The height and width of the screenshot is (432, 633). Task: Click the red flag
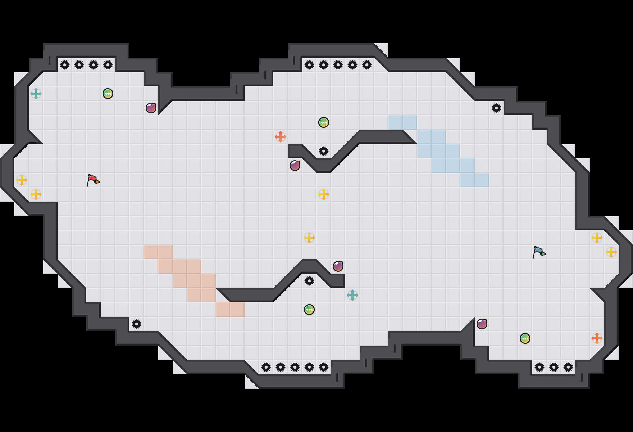[x=93, y=180]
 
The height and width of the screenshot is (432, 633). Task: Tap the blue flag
[x=539, y=252]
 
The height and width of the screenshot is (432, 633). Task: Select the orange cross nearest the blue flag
[x=597, y=338]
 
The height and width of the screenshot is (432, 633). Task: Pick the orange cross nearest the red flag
[x=281, y=137]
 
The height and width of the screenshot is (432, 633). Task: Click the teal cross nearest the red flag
[x=36, y=94]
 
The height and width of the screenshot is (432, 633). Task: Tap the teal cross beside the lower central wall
[x=352, y=295]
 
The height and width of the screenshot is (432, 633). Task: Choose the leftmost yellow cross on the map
[x=22, y=180]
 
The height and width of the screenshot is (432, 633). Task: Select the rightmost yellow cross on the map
[x=611, y=252]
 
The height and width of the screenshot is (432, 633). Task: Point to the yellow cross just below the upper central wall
[x=324, y=194]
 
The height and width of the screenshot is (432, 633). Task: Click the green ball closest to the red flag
[x=108, y=94]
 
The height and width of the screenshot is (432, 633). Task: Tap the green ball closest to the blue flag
[x=525, y=338]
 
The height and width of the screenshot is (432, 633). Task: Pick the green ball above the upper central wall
[x=324, y=122]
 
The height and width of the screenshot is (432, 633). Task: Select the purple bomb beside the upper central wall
[x=295, y=166]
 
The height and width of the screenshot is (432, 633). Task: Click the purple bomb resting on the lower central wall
[x=338, y=266]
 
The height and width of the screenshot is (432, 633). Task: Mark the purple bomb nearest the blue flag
[x=482, y=324]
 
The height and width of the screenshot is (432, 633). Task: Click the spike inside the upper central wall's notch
[x=324, y=151]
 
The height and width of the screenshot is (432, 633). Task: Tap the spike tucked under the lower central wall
[x=309, y=281]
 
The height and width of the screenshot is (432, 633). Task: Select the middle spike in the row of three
[x=554, y=367]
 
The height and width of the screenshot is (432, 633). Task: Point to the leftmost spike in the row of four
[x=65, y=65]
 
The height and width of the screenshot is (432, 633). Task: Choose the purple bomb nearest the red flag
[x=151, y=108]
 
